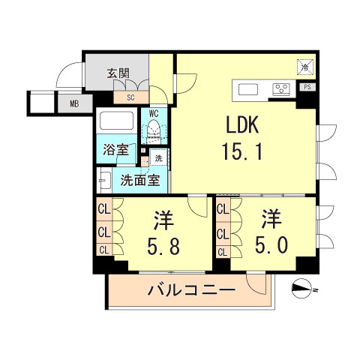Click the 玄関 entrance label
tap(118, 73)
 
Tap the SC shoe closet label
tap(130, 97)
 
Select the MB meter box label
tap(75, 104)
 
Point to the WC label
tap(154, 114)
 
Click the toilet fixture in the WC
tap(154, 132)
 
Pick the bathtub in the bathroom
tap(116, 122)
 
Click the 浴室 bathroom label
tap(115, 148)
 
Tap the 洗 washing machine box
tap(158, 158)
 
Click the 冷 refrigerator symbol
tap(305, 67)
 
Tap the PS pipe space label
tap(308, 88)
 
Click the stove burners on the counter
tap(281, 89)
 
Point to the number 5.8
tap(163, 245)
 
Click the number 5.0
tap(271, 245)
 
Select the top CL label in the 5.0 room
tap(223, 211)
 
